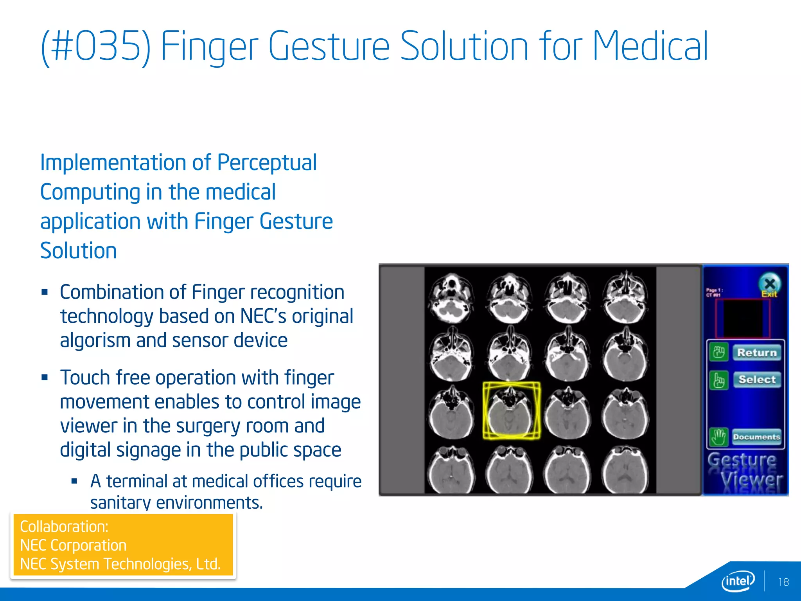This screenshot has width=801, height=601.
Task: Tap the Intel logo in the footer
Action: [738, 581]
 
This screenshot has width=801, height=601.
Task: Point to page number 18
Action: [783, 582]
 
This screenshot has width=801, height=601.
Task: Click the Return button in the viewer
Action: [756, 353]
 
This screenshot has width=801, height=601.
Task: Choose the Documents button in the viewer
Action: [756, 437]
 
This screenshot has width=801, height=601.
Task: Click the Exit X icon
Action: [769, 283]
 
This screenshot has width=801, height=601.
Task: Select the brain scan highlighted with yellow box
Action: [511, 410]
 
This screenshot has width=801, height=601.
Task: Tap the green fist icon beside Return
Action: [719, 352]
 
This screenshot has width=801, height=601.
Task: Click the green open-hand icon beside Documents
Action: [719, 437]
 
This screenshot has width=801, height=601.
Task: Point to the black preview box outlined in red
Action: [743, 318]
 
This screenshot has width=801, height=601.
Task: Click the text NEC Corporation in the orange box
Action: [73, 545]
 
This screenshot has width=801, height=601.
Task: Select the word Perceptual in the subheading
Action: [267, 163]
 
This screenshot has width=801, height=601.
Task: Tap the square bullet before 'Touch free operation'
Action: [45, 378]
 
